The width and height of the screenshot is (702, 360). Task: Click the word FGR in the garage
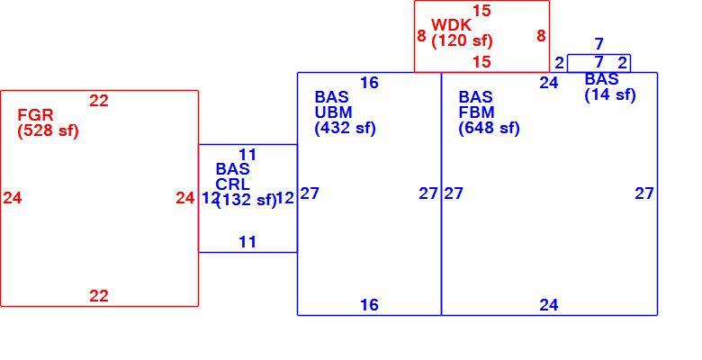(x=35, y=115)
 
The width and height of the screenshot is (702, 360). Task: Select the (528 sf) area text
(x=48, y=130)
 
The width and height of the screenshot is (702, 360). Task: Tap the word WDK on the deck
(x=451, y=25)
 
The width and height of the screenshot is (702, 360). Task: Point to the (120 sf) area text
(x=462, y=40)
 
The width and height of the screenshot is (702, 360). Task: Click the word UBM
(x=334, y=112)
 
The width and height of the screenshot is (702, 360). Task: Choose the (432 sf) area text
(x=346, y=128)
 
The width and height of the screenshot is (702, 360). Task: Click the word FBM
(x=476, y=112)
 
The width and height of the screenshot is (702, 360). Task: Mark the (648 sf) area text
(x=489, y=128)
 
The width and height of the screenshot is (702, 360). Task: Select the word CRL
(x=233, y=184)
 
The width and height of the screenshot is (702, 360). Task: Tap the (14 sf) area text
(x=610, y=94)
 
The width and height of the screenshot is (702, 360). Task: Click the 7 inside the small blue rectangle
(x=599, y=62)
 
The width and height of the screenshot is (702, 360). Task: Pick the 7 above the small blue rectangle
(x=599, y=44)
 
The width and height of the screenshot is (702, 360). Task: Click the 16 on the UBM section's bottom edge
(x=369, y=305)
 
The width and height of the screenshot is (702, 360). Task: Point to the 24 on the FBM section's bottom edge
(x=549, y=305)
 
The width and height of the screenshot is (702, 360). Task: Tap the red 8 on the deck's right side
(x=541, y=35)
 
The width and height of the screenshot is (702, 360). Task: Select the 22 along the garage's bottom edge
(x=99, y=296)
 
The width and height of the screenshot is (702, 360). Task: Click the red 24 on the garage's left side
(x=13, y=197)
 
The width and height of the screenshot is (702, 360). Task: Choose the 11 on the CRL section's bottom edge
(x=247, y=242)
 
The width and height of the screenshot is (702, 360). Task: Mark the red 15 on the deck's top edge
(x=481, y=11)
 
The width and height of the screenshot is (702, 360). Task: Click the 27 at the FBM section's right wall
(x=644, y=193)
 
